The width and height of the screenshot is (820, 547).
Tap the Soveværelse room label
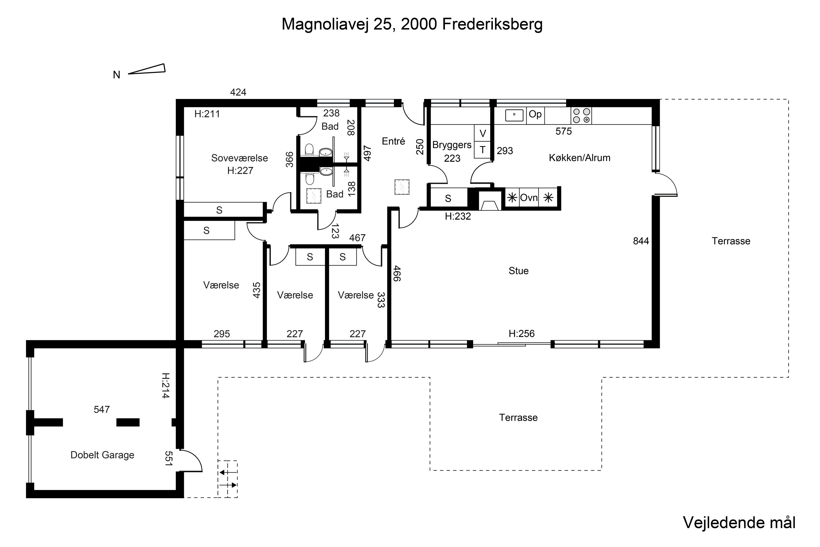coord(239,158)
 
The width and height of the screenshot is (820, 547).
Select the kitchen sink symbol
coord(514,115)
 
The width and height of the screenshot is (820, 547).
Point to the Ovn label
coord(529,198)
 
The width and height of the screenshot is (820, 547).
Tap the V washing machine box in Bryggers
coord(482,133)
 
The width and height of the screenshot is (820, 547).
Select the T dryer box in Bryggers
coord(482,150)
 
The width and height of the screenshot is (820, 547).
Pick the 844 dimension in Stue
coord(641,241)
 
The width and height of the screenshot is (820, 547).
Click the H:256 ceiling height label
coord(522,334)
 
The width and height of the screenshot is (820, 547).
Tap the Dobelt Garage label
coord(102,455)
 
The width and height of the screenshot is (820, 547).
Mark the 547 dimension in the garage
coord(102,409)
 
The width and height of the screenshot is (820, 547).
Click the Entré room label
coord(393,141)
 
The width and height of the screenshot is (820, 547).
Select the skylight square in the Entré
coord(402,187)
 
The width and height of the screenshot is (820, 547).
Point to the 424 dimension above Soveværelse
coord(238,92)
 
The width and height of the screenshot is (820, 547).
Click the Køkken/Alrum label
coord(579,158)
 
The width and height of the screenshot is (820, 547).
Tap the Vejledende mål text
coord(739,523)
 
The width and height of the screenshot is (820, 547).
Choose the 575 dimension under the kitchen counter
coord(563,131)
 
